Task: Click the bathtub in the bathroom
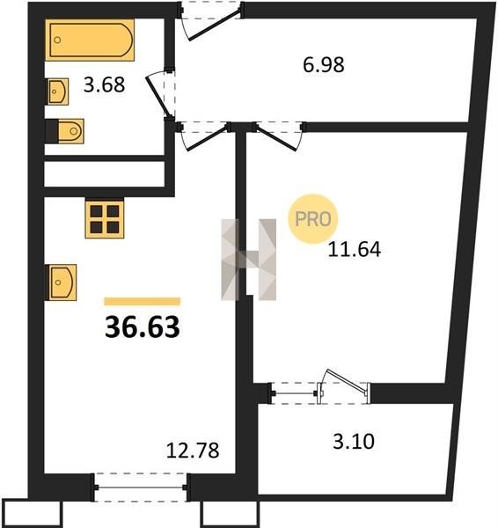click(x=90, y=40)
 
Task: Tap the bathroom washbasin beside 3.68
click(x=57, y=92)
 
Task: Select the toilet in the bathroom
click(x=64, y=131)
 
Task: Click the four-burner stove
click(x=105, y=219)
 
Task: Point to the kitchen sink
click(x=62, y=282)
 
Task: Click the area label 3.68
click(x=105, y=84)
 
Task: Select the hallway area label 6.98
click(x=324, y=65)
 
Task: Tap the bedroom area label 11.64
click(x=355, y=250)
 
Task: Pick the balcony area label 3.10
click(x=354, y=442)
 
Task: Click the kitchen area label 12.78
click(x=193, y=451)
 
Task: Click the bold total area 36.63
click(x=143, y=327)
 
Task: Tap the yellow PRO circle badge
click(x=313, y=219)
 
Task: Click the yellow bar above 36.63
click(x=142, y=301)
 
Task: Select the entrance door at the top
click(x=210, y=21)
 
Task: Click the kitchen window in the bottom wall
click(x=140, y=488)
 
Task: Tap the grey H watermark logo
click(x=248, y=260)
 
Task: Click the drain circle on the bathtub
click(x=57, y=40)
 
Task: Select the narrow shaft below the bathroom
click(x=105, y=174)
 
